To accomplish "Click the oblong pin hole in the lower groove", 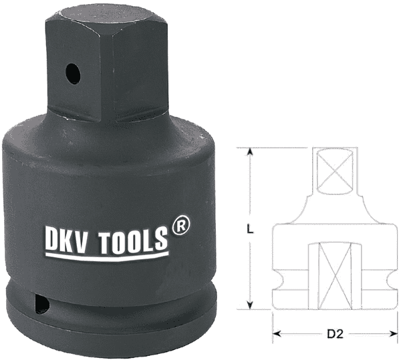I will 42,305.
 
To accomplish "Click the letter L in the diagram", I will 249,229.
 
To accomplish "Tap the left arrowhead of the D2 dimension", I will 276,333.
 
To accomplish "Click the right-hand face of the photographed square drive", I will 143,67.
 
